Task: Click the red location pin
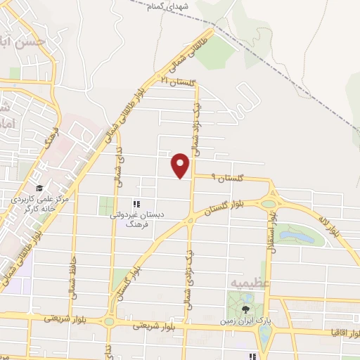tap(181, 165)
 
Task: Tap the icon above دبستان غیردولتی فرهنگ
tap(136, 204)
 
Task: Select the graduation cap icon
tap(40, 188)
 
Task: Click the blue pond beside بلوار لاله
tap(307, 238)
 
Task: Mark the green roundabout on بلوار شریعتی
tap(110, 322)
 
